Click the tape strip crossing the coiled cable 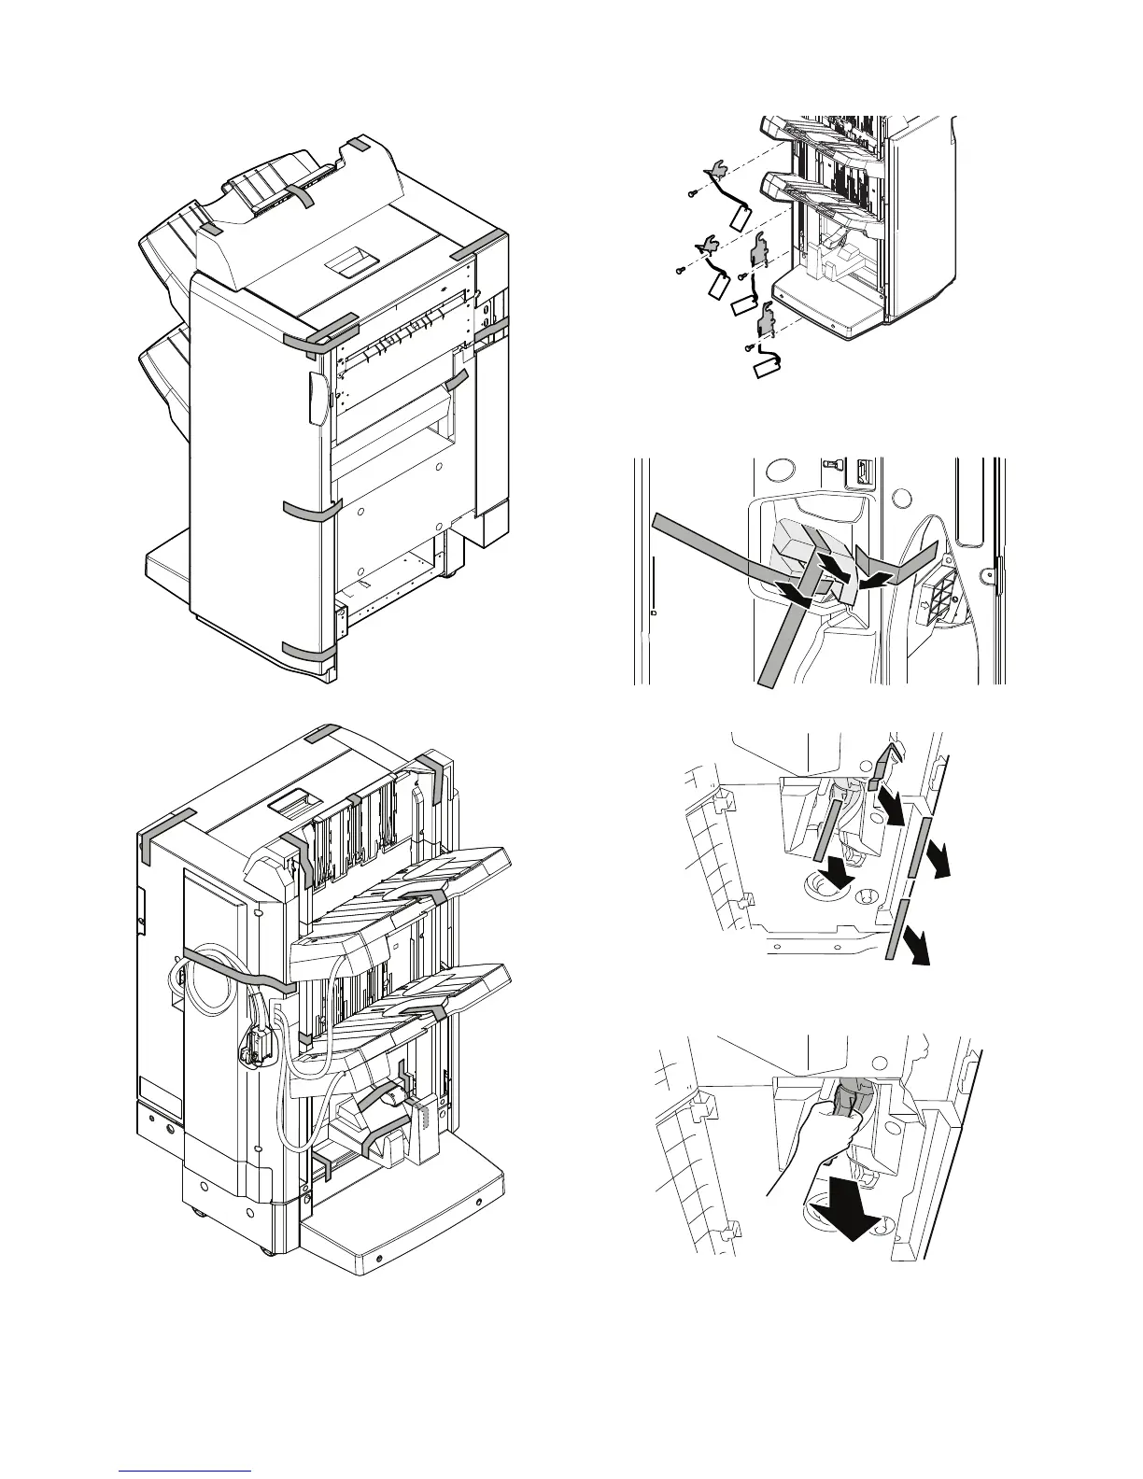(x=238, y=969)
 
